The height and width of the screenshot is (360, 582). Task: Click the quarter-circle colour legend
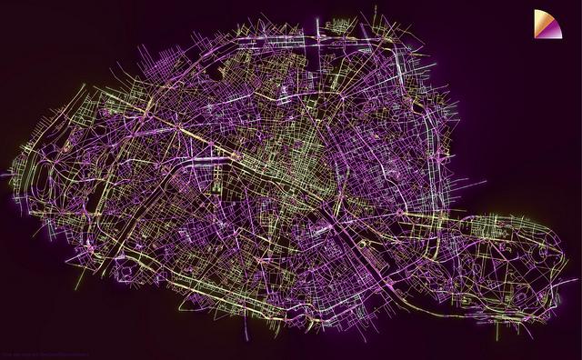547,24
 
